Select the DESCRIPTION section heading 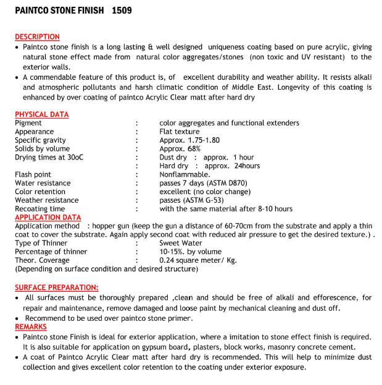pos(37,37)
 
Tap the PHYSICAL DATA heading pos(42,114)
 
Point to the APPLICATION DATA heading pos(48,218)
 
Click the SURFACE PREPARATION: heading pos(56,287)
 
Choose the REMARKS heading pos(31,327)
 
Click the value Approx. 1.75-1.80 pos(189,140)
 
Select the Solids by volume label pos(43,149)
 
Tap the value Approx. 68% pos(180,149)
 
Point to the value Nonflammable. pos(185,175)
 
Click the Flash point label pos(33,175)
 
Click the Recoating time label pos(40,209)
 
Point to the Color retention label pos(41,192)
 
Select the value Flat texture pos(180,132)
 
